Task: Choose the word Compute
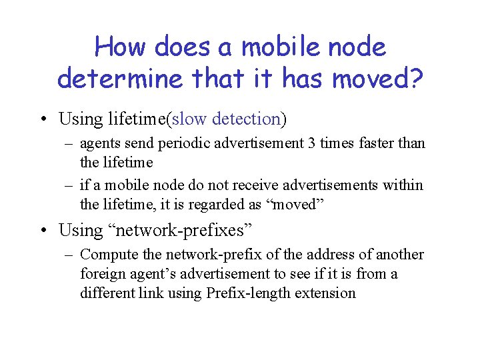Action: coord(106,255)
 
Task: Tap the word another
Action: coord(400,255)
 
